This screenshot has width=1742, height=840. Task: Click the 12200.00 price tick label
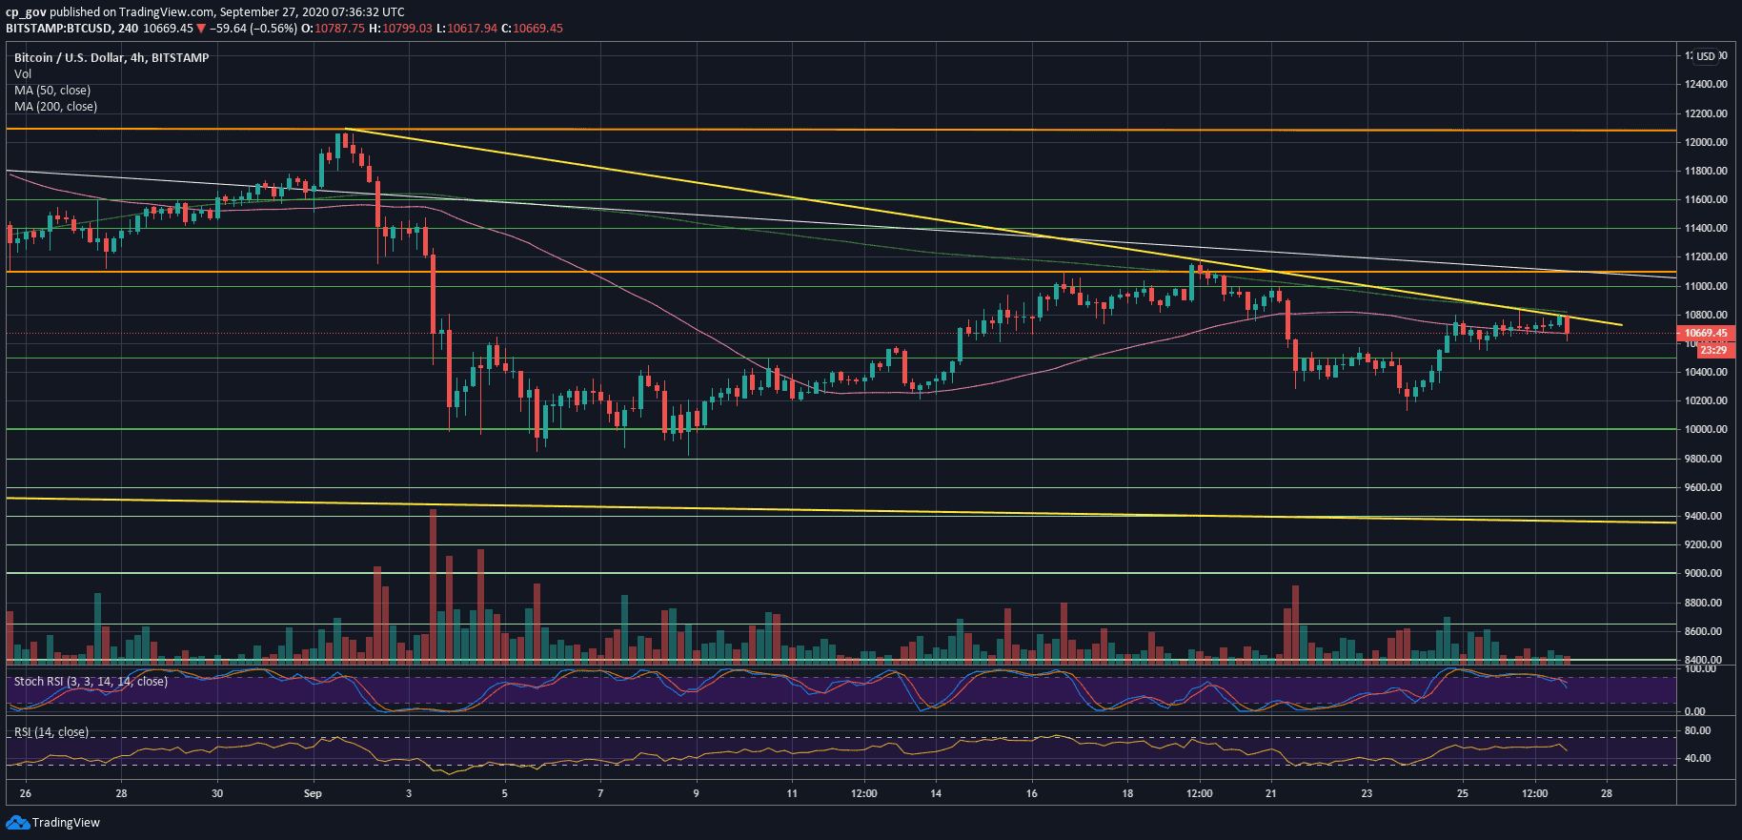[1706, 113]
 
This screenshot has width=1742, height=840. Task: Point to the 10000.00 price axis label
[1706, 429]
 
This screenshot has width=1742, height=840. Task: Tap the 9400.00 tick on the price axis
[1706, 516]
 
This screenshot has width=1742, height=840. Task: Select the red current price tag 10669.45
[1706, 334]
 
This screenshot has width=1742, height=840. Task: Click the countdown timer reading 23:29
[1712, 350]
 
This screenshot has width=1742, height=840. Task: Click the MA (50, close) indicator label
[52, 91]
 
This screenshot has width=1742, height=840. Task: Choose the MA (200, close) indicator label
[55, 107]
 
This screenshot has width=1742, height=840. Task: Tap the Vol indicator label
[23, 74]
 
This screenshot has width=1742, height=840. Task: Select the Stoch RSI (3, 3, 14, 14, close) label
[91, 682]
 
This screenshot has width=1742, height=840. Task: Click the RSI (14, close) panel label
[51, 732]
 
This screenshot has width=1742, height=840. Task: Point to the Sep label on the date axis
[313, 793]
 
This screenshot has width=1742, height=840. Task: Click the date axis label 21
[1270, 793]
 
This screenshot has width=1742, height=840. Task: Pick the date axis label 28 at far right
[1607, 793]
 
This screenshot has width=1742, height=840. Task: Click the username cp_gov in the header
[26, 12]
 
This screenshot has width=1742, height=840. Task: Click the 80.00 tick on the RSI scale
[1698, 730]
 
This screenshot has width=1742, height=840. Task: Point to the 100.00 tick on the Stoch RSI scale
[1701, 669]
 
